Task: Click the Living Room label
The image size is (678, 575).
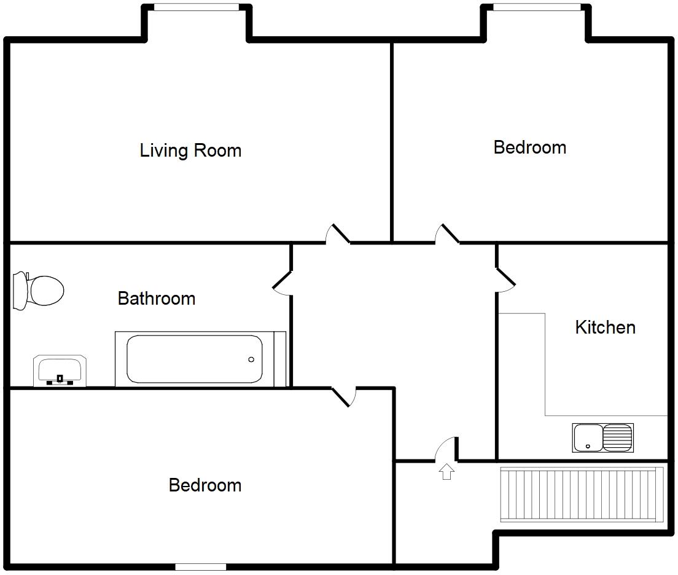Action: coord(190,151)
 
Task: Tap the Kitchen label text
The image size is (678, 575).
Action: coord(605,327)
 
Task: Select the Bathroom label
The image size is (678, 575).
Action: coord(157,299)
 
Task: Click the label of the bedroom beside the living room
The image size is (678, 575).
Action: coord(529,147)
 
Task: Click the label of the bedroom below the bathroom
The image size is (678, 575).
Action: coord(205,485)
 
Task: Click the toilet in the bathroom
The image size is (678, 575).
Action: coord(39,291)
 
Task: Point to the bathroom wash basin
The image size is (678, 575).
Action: coord(60,370)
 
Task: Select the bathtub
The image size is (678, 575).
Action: coord(195,359)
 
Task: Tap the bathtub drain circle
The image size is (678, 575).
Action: coord(251,359)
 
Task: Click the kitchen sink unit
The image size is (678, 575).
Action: coord(602,437)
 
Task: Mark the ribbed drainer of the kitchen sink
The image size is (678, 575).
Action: coord(617,437)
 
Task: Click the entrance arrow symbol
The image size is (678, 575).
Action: coord(446,471)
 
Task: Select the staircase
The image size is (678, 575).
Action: coord(582,495)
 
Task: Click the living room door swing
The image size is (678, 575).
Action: coord(338,235)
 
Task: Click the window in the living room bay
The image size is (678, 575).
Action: coord(197,7)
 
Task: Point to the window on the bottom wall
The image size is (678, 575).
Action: coord(200,566)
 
